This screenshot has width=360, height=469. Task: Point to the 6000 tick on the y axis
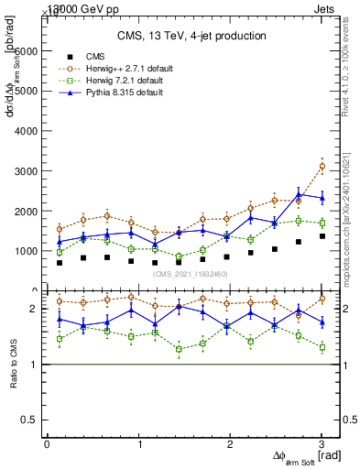27,51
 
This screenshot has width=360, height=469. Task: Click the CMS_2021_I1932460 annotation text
191,274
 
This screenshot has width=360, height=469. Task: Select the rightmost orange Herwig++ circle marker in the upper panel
322,166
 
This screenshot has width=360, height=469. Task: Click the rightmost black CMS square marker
322,236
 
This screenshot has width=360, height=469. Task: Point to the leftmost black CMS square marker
60,263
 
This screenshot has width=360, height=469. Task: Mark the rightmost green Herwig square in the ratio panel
322,347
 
